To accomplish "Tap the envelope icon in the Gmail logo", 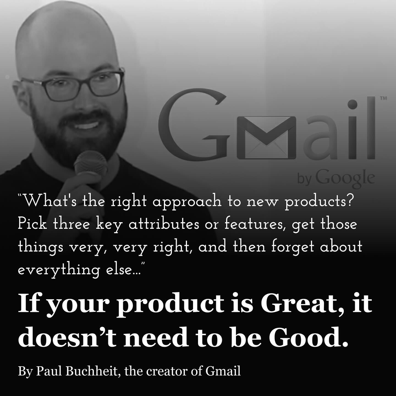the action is [x=266, y=138].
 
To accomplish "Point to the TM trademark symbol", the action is [x=383, y=98].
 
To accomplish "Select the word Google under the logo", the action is [x=345, y=178].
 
